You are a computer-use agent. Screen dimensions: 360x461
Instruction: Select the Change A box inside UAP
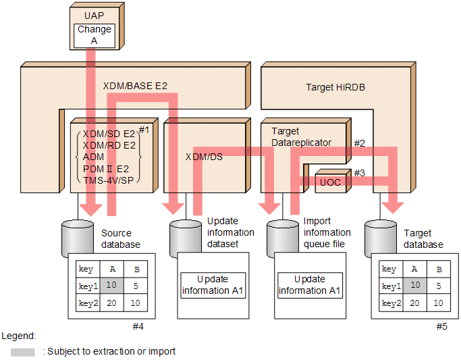94,35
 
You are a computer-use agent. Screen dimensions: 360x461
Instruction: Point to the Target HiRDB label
335,87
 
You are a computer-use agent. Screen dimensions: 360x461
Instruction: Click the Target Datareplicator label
301,137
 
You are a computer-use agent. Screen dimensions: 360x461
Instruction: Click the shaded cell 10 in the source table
112,286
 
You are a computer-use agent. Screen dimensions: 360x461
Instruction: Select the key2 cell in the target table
389,303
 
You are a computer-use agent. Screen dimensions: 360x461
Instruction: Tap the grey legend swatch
23,352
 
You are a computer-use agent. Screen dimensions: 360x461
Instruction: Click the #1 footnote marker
144,129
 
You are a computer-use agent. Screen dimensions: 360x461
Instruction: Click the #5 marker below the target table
441,327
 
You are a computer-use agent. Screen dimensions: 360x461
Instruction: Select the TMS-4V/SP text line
109,180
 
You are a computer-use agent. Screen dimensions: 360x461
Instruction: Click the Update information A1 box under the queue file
310,285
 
